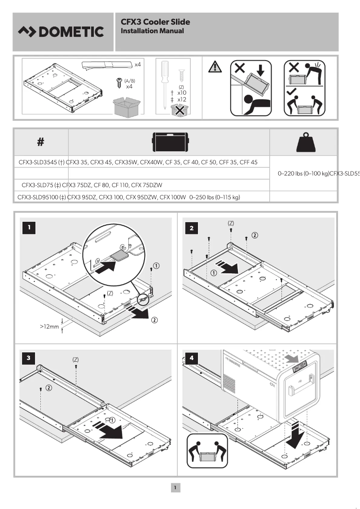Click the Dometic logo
61,32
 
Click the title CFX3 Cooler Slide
155,22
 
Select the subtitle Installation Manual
152,31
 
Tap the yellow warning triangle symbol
215,67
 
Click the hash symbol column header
40,142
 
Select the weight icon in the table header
303,142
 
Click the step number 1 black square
29,228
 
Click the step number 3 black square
29,357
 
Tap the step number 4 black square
192,358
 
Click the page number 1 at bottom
176,487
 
